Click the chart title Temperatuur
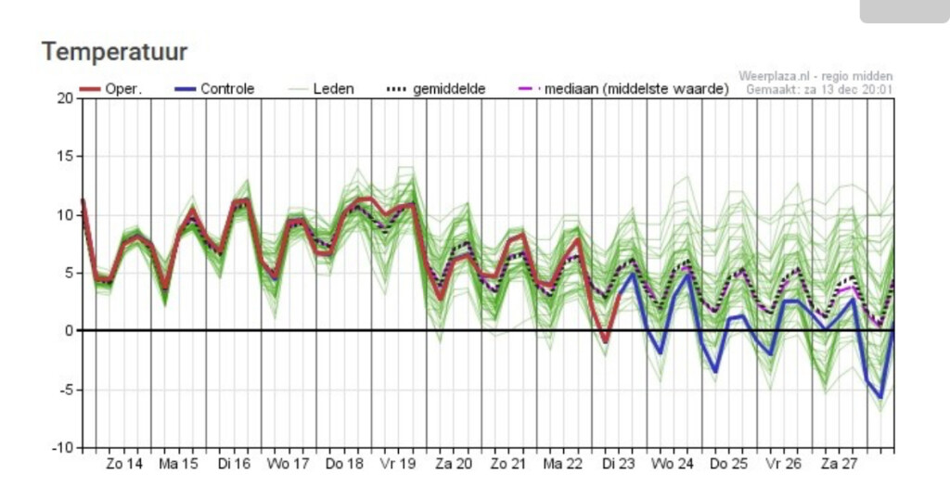[114, 52]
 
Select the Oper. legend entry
[110, 89]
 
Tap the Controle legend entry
[214, 89]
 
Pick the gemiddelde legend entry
[436, 89]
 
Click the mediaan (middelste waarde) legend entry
[623, 89]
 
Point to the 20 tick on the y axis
[66, 98]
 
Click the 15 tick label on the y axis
[66, 156]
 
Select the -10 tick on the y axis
[62, 448]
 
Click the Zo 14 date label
[124, 464]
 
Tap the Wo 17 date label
[288, 464]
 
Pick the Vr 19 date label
[397, 464]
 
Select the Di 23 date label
[619, 464]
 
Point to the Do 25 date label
[728, 464]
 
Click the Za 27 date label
[839, 464]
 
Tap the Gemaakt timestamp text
[819, 90]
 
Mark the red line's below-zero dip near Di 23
[605, 342]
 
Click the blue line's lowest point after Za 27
[880, 398]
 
